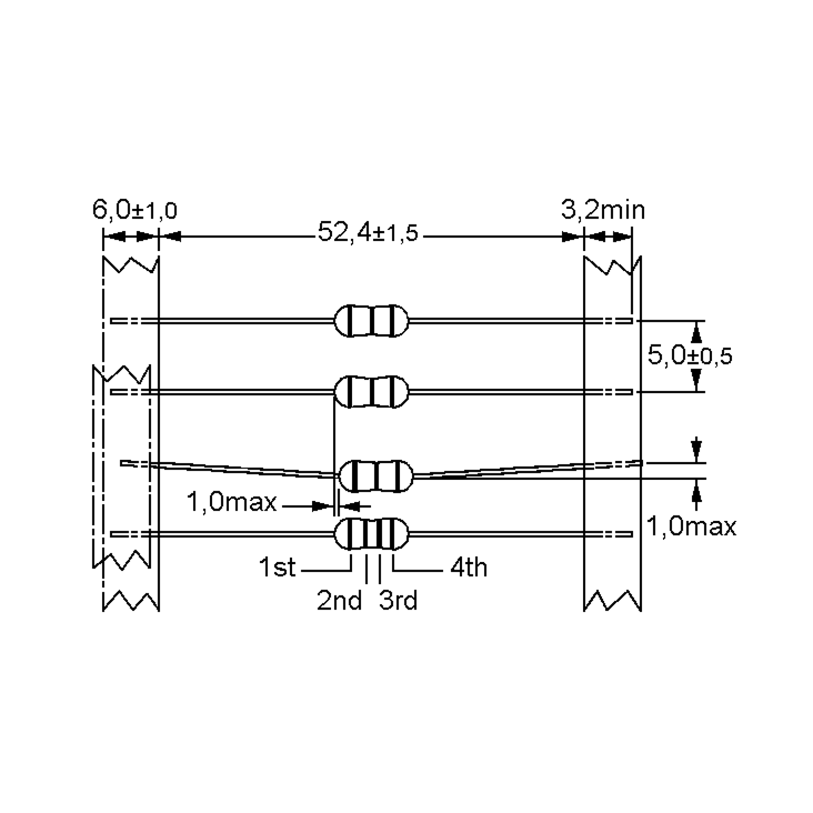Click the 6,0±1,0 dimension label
pyautogui.click(x=135, y=210)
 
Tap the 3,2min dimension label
pyautogui.click(x=603, y=210)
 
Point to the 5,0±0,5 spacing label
pyautogui.click(x=690, y=356)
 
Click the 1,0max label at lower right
pyautogui.click(x=691, y=526)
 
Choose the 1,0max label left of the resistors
pyautogui.click(x=231, y=502)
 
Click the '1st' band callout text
pyautogui.click(x=277, y=567)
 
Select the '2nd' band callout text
pyautogui.click(x=339, y=601)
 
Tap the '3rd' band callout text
pyautogui.click(x=398, y=601)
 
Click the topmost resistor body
pyautogui.click(x=371, y=321)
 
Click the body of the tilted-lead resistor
pyautogui.click(x=376, y=476)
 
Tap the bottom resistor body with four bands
pyautogui.click(x=371, y=534)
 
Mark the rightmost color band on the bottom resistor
pyautogui.click(x=393, y=534)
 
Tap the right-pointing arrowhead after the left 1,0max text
pyautogui.click(x=321, y=506)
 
